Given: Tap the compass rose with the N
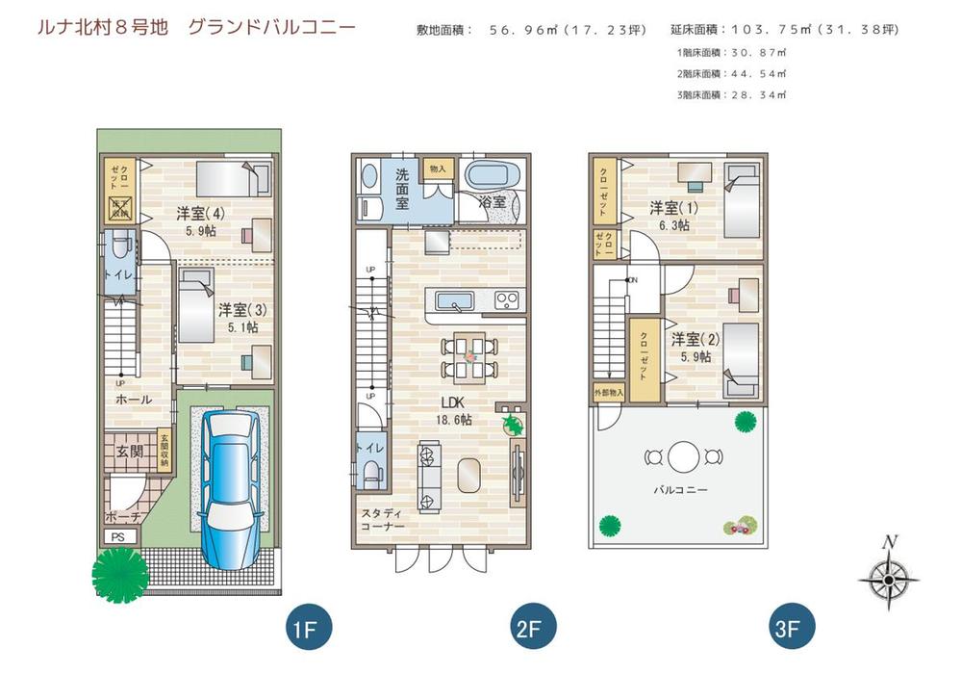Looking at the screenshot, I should click(888, 577).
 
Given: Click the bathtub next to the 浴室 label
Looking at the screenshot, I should click(493, 177).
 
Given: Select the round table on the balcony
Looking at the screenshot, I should click(682, 456).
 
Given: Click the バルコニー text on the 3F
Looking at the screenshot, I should click(680, 490).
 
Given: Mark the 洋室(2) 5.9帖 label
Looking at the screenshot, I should click(692, 347).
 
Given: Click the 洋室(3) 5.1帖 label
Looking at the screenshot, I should click(238, 318).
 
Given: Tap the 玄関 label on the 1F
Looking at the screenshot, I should click(130, 451).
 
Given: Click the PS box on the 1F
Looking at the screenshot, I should click(118, 536).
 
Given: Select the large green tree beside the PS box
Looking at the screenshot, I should click(120, 575).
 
